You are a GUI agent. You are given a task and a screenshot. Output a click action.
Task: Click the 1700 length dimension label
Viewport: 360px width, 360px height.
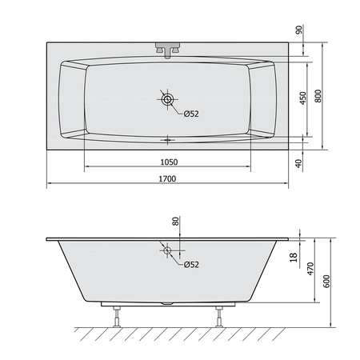167,178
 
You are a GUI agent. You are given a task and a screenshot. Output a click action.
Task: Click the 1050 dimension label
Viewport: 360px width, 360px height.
169,162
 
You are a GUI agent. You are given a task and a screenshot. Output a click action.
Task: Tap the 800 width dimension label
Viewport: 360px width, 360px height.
318,96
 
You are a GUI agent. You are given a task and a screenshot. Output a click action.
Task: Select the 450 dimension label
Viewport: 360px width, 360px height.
303,98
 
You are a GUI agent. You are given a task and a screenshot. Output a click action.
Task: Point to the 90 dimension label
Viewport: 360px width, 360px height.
299,30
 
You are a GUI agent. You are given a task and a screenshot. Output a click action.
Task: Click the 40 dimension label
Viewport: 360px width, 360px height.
299,163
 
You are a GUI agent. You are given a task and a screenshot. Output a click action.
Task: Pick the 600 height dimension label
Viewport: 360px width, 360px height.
326,281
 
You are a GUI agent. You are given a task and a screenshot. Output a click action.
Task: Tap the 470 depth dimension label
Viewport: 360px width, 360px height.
310,269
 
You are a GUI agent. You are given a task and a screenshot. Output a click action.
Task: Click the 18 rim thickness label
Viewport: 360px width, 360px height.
294,258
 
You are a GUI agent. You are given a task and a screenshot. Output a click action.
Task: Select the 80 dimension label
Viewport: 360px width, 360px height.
175,221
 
